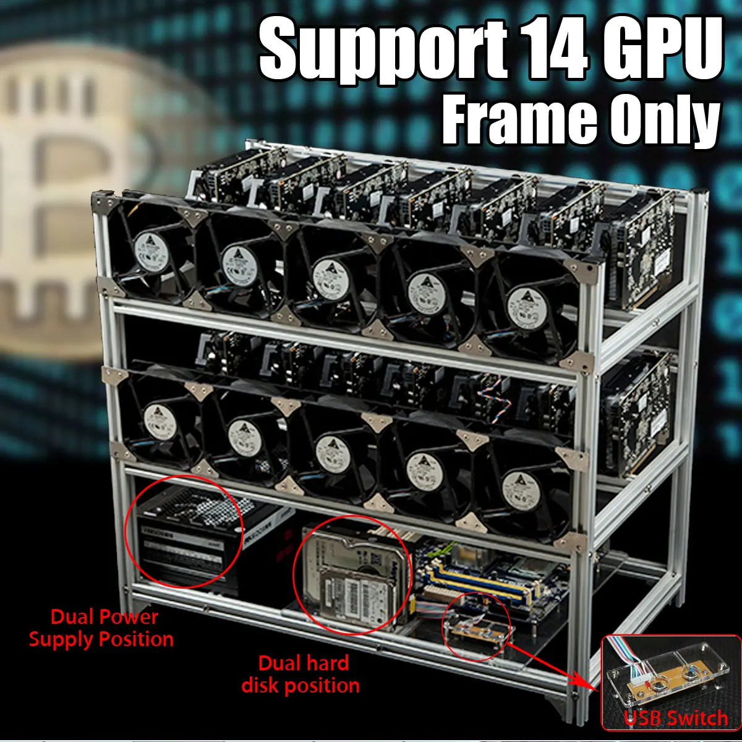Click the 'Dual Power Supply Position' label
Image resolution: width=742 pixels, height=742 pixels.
point(102,628)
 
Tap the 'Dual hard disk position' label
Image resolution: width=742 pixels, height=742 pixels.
point(301,674)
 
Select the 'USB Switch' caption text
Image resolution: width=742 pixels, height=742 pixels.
point(676,718)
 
